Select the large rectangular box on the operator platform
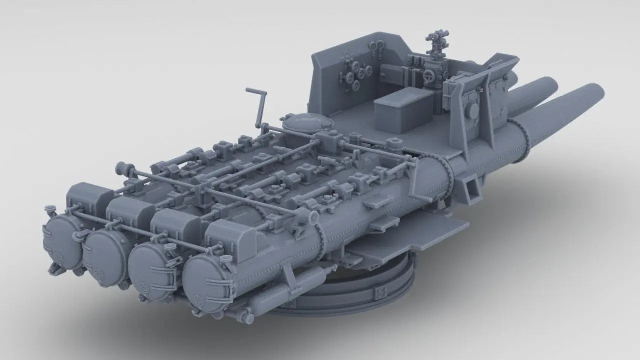[x=402, y=109]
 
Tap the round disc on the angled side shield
[x=473, y=110]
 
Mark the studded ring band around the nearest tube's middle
[x=320, y=240]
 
